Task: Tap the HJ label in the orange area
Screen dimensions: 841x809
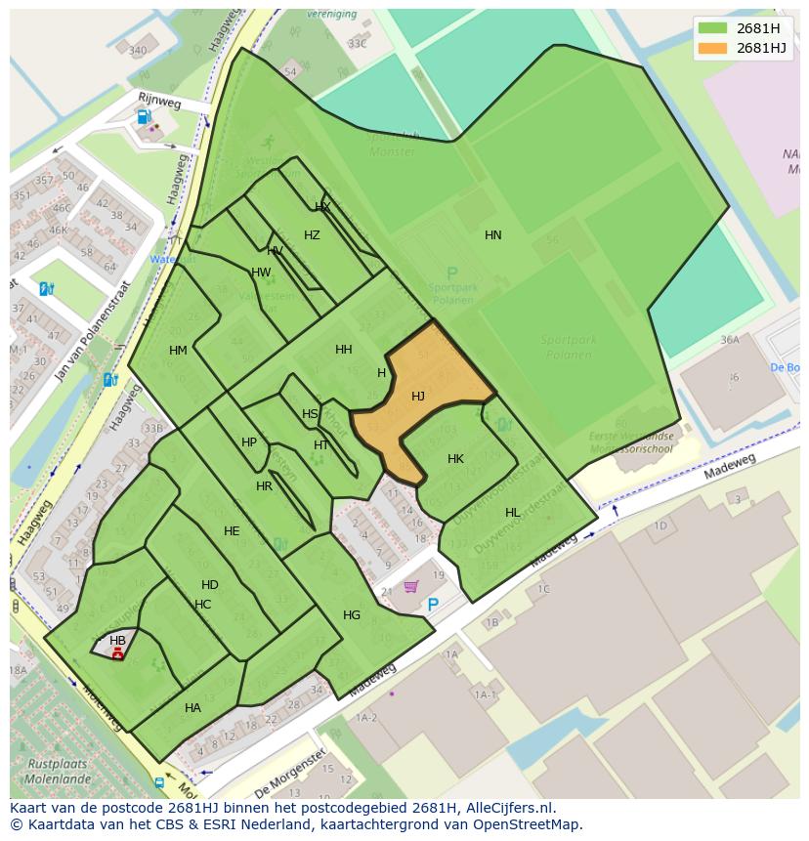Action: (x=418, y=396)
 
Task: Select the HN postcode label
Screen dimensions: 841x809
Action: (x=493, y=234)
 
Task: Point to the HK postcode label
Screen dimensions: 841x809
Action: (x=455, y=458)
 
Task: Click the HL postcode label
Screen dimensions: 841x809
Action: (x=512, y=512)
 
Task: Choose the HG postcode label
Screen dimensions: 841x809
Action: (x=352, y=614)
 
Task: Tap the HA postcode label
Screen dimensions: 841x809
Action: (x=192, y=707)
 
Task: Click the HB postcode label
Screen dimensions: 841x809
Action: (x=117, y=641)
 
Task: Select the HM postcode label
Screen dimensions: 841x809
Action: (x=178, y=350)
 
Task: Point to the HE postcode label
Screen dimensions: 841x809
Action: (x=232, y=531)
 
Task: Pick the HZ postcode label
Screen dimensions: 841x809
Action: (x=312, y=234)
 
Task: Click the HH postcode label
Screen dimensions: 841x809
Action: (x=344, y=349)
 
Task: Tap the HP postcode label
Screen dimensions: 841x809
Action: (x=249, y=442)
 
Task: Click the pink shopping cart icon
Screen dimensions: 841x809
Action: (x=411, y=586)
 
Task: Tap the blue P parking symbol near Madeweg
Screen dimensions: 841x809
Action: (x=433, y=605)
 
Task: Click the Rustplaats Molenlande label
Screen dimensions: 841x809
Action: (x=57, y=771)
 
